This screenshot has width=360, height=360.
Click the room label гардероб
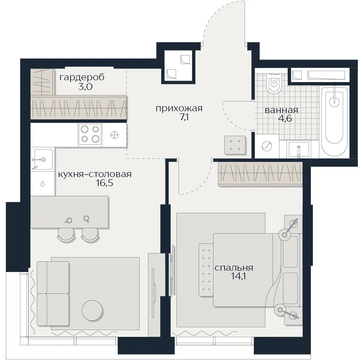pos(82,77)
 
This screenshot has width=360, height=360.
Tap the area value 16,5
pos(104,183)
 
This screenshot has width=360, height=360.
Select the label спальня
pos(234,268)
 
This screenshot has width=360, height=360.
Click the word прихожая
pos(179,108)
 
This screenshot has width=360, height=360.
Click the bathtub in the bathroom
pos(334,121)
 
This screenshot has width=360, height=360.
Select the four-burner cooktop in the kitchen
pos(90,134)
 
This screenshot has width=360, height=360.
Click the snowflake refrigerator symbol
pos(114,135)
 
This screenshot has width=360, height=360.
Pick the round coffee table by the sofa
pos(92,311)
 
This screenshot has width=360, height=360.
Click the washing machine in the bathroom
pos(266,146)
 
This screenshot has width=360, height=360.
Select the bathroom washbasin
pos(298,149)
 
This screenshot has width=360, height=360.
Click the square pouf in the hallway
pos(235,145)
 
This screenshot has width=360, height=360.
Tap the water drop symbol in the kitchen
pos(42,184)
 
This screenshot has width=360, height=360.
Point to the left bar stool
pos(66,235)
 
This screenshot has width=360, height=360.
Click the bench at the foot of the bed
pos(206,270)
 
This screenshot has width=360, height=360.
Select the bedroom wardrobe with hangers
pos(260,174)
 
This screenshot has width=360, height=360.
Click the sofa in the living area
pos(53,293)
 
